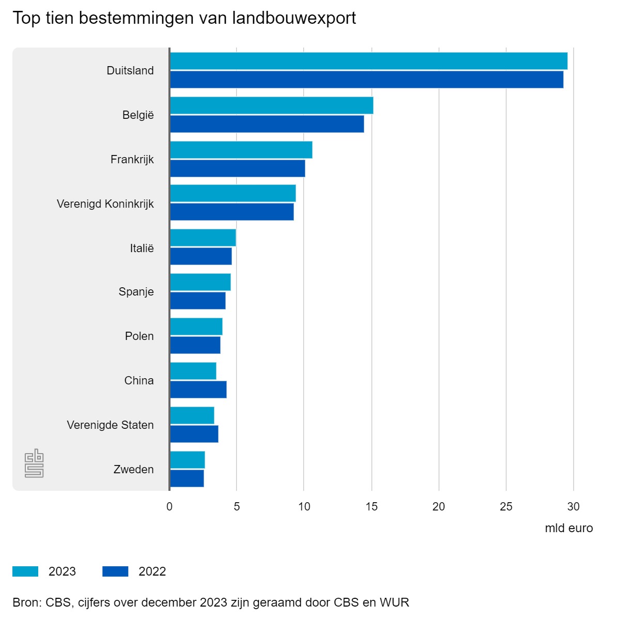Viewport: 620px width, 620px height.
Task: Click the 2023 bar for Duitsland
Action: (368, 61)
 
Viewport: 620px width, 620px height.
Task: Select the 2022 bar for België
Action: (267, 124)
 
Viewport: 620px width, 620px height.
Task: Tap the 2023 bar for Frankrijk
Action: (241, 150)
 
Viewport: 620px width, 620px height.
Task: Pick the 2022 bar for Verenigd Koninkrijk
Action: (231, 212)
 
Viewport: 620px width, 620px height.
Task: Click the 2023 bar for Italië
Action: (203, 238)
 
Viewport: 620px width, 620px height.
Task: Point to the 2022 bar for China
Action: (198, 390)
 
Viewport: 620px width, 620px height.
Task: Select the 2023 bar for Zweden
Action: (187, 460)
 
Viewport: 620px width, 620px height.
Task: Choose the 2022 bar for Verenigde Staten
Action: (194, 434)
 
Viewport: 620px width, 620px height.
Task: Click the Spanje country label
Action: (136, 292)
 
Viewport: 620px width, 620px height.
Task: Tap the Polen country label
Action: (139, 336)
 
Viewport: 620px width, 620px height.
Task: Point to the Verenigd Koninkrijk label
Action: (105, 204)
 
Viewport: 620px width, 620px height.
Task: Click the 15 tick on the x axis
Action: (371, 507)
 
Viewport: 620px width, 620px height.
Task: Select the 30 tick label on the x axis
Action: (574, 507)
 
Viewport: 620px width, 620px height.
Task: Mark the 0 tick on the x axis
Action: (169, 507)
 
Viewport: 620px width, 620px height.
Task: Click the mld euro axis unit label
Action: (569, 529)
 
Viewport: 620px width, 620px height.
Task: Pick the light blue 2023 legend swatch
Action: (25, 571)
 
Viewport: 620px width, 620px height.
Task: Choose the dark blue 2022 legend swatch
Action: (115, 571)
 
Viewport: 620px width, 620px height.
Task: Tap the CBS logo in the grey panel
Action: (34, 463)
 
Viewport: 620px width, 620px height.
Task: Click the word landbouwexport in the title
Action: (294, 18)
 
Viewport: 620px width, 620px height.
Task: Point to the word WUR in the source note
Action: (394, 602)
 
